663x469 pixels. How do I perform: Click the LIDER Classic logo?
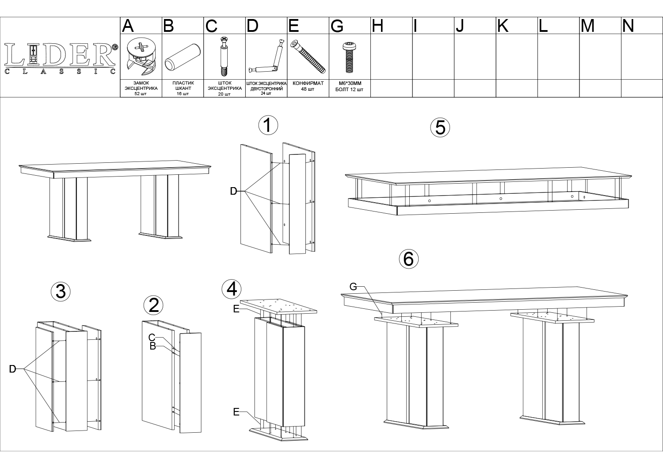coord(61,58)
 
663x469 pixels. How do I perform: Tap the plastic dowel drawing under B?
coord(183,57)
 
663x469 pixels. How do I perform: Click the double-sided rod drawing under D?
coord(266,57)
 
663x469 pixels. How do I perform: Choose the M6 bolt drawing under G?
coord(349,57)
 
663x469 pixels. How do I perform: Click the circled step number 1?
coord(268,125)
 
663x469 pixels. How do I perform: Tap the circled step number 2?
coord(153,305)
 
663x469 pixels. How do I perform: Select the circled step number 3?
coord(61,292)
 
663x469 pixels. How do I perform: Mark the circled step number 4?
coord(232,289)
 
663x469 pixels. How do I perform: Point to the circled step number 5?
coord(440,128)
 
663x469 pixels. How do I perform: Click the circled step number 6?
coord(409,259)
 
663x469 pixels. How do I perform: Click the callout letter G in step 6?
coord(353,287)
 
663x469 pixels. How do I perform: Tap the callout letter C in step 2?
coord(152,337)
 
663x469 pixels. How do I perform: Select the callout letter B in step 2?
coord(153,346)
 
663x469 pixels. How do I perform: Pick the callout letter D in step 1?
coord(233,192)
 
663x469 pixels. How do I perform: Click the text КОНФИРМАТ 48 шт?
coord(308,86)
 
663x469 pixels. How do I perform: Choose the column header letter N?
coord(628,26)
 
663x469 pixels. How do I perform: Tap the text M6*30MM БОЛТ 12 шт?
coord(350,87)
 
